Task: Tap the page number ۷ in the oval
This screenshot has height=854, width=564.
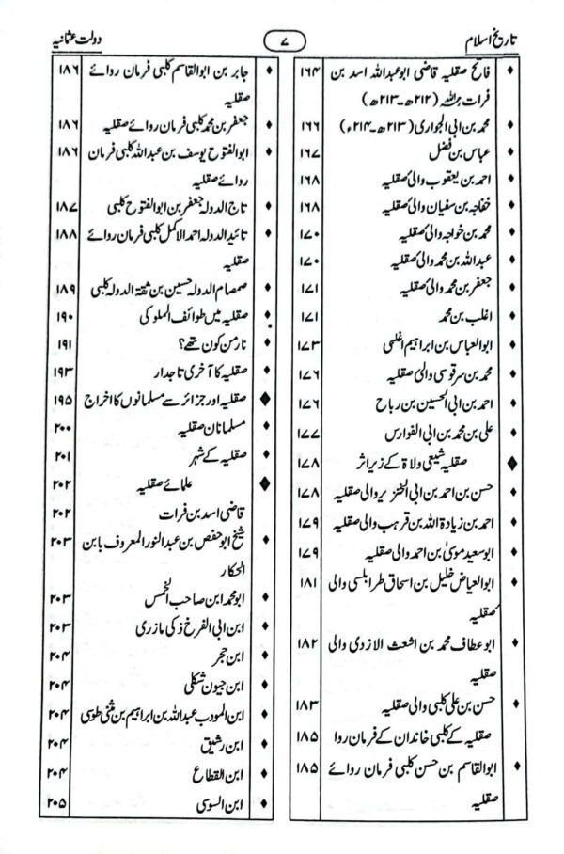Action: click(281, 42)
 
